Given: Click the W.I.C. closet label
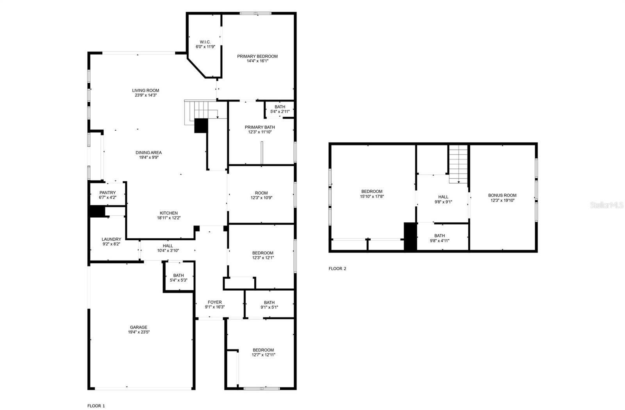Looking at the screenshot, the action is [205, 42].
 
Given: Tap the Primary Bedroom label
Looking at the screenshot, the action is [257, 56].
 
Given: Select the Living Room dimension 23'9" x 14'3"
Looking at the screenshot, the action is [146, 95].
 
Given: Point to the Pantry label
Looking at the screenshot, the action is [107, 193].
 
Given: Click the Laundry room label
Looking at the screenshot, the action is [111, 239].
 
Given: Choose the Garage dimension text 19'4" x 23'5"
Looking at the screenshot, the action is [139, 332].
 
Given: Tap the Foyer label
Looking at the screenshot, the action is [215, 302].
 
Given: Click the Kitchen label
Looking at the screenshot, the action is [168, 213].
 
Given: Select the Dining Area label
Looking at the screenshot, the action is [149, 153].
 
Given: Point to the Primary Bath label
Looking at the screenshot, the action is [260, 127].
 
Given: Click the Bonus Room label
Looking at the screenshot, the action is [502, 195].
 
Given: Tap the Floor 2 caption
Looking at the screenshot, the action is [337, 269].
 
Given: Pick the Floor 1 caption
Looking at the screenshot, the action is [96, 406].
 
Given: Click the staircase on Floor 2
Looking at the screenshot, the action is [458, 164].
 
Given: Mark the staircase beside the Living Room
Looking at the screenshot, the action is [205, 110].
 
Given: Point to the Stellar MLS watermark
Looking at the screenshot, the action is [607, 205].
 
